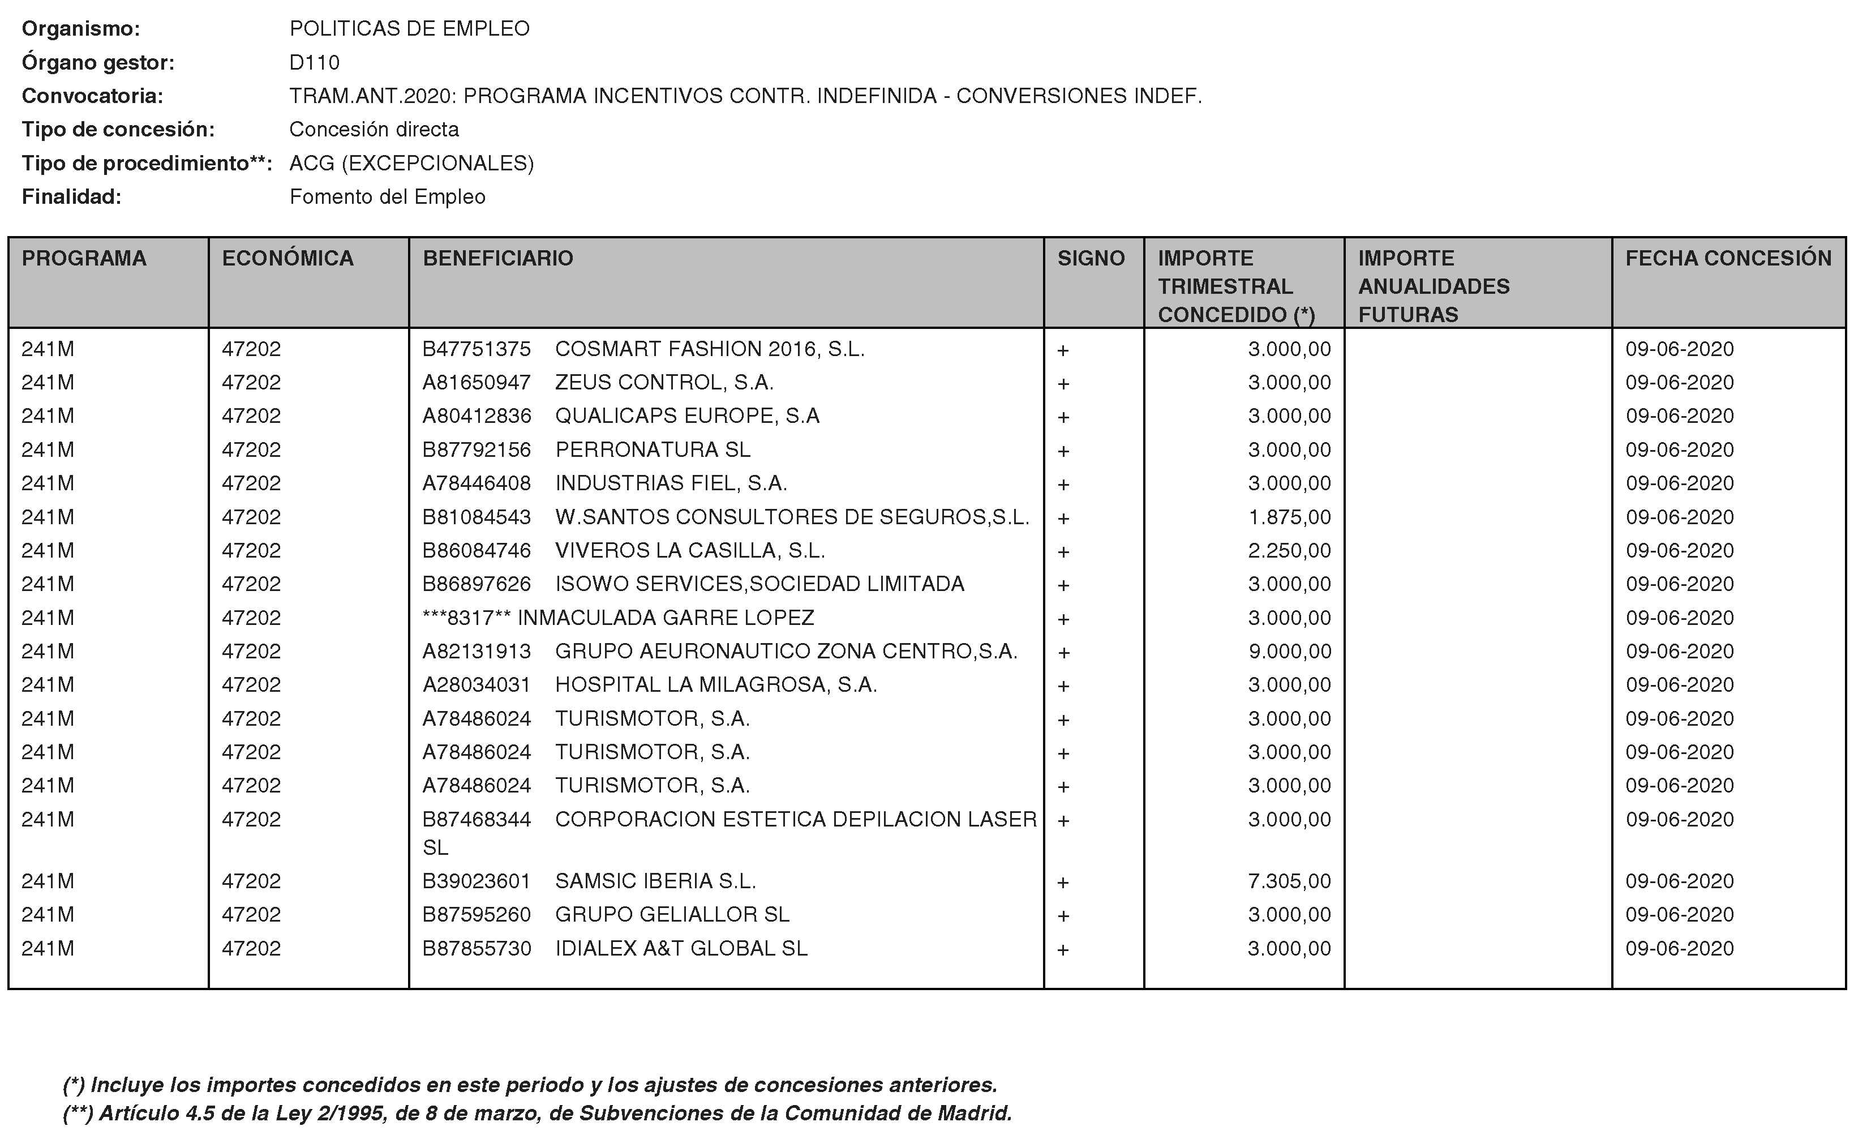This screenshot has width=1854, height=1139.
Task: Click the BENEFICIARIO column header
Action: pos(498,258)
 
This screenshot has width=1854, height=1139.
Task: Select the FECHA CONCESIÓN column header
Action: pos(1728,258)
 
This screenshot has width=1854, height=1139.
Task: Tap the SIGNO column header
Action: pos(1091,258)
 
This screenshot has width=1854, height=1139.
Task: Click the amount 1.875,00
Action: pos(1289,517)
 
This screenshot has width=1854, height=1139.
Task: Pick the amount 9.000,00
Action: pos(1289,652)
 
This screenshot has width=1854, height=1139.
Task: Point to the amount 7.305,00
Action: pos(1289,881)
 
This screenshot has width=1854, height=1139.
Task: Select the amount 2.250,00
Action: pos(1289,551)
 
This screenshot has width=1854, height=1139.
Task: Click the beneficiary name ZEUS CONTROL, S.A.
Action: pos(664,383)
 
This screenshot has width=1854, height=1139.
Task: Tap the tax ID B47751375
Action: pos(477,349)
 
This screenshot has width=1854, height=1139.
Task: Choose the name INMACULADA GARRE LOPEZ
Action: pos(666,618)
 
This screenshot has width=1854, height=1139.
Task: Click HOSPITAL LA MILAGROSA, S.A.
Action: pos(716,685)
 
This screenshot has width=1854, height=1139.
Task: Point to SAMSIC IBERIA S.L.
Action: pos(655,881)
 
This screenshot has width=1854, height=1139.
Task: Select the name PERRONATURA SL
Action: pos(653,449)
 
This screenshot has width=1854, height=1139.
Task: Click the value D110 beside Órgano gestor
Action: pos(314,62)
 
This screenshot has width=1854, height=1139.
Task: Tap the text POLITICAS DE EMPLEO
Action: pos(410,29)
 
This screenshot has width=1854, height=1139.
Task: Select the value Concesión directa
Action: pos(374,130)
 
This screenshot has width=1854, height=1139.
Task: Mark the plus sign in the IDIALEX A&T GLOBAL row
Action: pos(1063,950)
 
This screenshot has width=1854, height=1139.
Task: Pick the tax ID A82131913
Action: pos(477,652)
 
